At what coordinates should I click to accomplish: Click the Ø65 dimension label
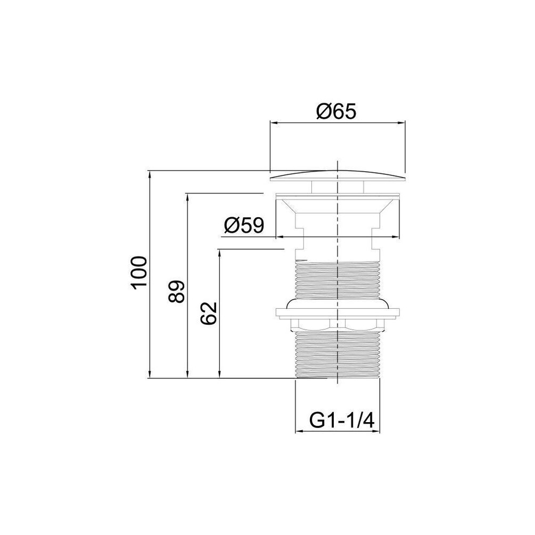point(336,111)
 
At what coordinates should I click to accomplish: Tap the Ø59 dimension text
point(244,225)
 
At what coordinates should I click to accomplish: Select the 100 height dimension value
point(140,273)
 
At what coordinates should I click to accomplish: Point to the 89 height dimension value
point(177,292)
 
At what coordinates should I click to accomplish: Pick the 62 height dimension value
point(209,313)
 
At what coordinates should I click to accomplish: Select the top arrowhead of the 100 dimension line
point(150,174)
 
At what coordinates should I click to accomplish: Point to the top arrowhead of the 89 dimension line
point(187,197)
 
